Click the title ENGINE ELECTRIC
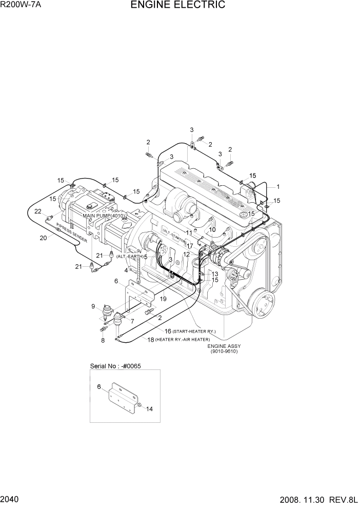click(178, 6)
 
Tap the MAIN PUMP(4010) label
click(105, 216)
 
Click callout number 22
click(37, 211)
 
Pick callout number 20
click(43, 238)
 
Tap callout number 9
click(93, 307)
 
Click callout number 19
click(163, 299)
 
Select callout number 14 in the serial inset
click(149, 409)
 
